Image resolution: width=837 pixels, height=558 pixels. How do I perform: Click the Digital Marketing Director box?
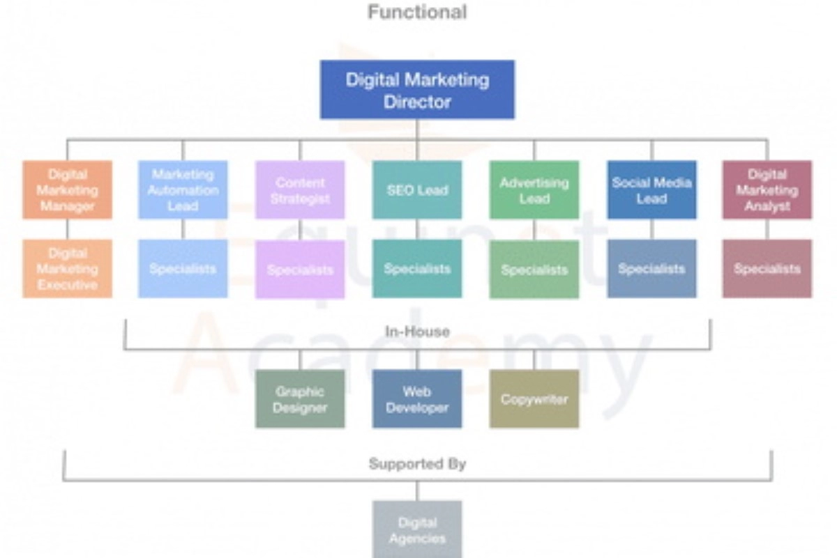(417, 90)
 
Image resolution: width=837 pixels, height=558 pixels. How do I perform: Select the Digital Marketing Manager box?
(67, 190)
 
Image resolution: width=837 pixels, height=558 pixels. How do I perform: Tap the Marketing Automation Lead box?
(183, 190)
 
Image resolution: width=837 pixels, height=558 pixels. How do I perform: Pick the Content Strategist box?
(300, 190)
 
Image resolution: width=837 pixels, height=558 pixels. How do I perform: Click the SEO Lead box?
(417, 190)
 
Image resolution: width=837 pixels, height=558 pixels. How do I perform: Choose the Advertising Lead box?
(534, 190)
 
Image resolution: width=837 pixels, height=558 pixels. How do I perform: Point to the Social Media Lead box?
(651, 190)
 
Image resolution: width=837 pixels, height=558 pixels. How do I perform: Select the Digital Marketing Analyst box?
(767, 190)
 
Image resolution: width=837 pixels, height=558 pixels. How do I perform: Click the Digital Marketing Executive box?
(67, 269)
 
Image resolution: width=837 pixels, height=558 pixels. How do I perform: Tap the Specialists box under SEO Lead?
(417, 269)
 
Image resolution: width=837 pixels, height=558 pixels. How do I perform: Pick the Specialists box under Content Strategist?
(300, 270)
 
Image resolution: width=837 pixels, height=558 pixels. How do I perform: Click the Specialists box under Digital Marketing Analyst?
(767, 269)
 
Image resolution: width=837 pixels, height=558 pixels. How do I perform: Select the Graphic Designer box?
(300, 399)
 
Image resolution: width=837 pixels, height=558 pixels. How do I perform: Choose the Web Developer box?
(417, 399)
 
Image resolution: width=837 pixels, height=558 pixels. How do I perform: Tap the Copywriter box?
(534, 399)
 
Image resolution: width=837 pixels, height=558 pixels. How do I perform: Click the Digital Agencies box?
(417, 529)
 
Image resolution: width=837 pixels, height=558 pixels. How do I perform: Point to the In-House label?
(417, 332)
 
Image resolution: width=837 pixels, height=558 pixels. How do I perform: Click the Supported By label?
(417, 463)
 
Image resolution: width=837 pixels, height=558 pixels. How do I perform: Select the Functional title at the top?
(417, 12)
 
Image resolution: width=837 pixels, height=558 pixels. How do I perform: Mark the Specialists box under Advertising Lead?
(534, 270)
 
